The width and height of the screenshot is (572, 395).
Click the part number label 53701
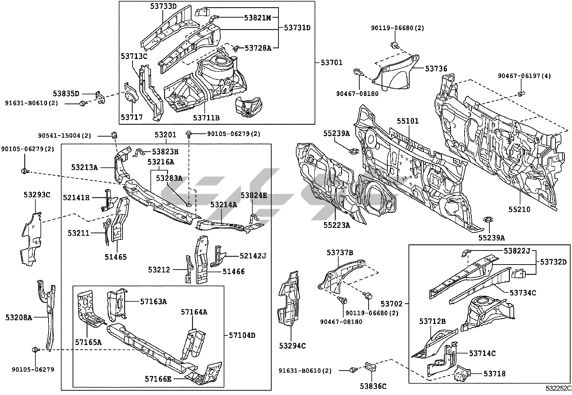click(x=331, y=63)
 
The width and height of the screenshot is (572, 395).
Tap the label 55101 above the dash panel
click(x=407, y=121)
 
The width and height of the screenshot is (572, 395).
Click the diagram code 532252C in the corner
click(x=558, y=389)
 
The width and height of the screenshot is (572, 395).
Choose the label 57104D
click(x=242, y=335)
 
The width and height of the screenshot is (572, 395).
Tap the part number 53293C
click(x=37, y=195)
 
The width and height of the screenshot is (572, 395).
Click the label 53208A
click(x=19, y=317)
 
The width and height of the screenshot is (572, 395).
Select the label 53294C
click(x=292, y=346)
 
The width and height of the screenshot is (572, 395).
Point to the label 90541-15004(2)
click(x=64, y=136)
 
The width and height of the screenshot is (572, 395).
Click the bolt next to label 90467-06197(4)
click(x=521, y=94)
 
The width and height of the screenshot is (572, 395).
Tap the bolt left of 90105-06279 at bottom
click(x=36, y=350)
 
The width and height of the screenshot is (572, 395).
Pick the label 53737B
click(x=340, y=253)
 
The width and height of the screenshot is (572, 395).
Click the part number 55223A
click(x=336, y=225)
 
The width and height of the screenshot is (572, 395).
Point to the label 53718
click(x=494, y=374)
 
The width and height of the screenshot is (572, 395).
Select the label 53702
click(x=393, y=304)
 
